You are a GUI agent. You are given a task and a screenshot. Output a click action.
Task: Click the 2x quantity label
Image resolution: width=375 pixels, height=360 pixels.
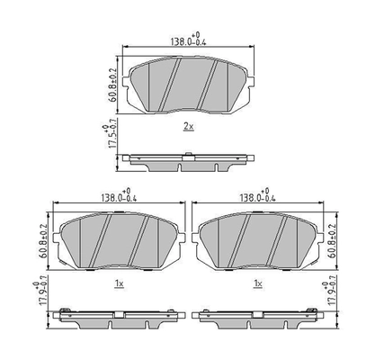coord(187,128)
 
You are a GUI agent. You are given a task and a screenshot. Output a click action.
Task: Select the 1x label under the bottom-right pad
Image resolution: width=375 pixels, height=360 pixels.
coord(259,283)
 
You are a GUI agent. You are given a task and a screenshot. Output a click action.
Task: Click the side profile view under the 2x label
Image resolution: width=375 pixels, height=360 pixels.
coord(187,162)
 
